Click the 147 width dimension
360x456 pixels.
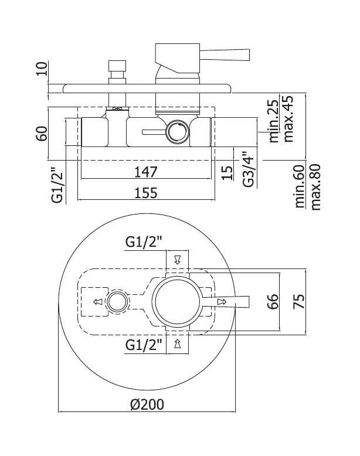[145, 172]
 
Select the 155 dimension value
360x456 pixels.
[146, 193]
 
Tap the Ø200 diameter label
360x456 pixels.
[147, 404]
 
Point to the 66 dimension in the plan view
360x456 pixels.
[273, 301]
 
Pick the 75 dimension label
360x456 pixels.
[299, 301]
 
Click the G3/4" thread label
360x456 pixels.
[249, 169]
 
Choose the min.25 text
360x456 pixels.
[273, 121]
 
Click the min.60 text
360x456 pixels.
[300, 186]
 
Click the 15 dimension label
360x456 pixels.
[228, 173]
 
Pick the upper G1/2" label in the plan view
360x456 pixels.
[144, 241]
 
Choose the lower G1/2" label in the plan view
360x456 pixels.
[144, 345]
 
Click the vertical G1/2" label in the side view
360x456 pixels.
[57, 185]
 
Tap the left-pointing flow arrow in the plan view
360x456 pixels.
[98, 302]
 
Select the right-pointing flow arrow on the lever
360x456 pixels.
[222, 302]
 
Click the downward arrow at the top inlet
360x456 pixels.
[177, 260]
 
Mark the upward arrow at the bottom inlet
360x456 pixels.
[177, 343]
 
